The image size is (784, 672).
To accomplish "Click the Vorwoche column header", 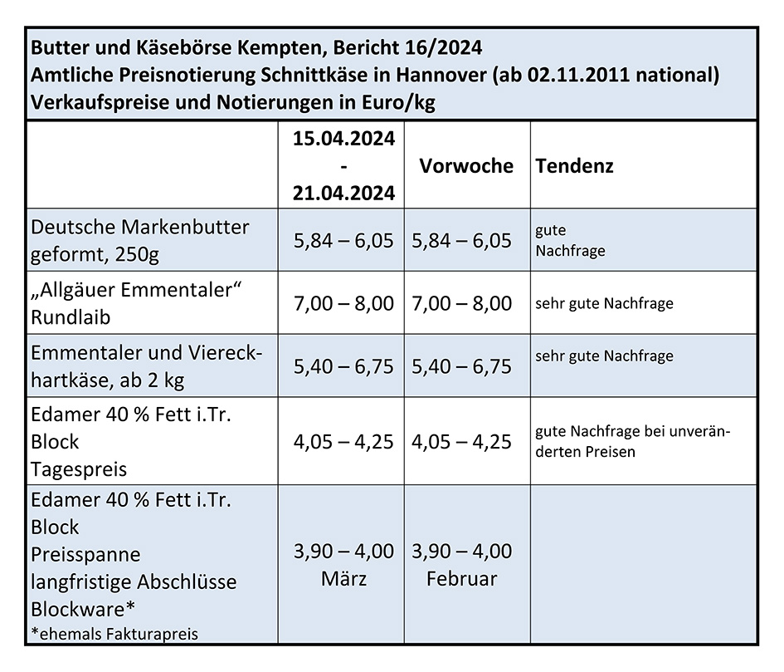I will pyautogui.click(x=465, y=165).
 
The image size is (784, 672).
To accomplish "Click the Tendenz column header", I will pyautogui.click(x=575, y=165).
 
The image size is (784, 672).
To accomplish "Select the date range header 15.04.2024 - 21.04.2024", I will pyautogui.click(x=343, y=165).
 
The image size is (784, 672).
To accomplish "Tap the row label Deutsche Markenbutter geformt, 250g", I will pyautogui.click(x=139, y=239).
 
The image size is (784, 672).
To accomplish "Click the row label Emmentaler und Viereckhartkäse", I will pyautogui.click(x=146, y=366).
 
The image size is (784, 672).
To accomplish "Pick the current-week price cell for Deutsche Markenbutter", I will pyautogui.click(x=343, y=241).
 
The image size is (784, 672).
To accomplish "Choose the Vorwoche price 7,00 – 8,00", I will pyautogui.click(x=461, y=303).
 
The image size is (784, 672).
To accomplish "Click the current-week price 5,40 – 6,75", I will pyautogui.click(x=343, y=366).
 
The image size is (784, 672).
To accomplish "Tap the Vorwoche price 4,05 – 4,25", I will pyautogui.click(x=461, y=441).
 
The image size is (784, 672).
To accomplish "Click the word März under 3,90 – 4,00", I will pyautogui.click(x=343, y=579).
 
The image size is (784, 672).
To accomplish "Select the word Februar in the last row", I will pyautogui.click(x=461, y=579).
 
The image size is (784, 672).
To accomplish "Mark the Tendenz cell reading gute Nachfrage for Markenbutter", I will pyautogui.click(x=570, y=240).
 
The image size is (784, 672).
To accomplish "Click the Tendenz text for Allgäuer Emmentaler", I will pyautogui.click(x=604, y=303).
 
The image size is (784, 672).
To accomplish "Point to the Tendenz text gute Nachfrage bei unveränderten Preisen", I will pyautogui.click(x=634, y=442).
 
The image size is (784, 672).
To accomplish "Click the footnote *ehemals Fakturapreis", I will pyautogui.click(x=114, y=634).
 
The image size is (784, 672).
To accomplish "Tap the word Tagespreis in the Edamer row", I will pyautogui.click(x=79, y=468).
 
